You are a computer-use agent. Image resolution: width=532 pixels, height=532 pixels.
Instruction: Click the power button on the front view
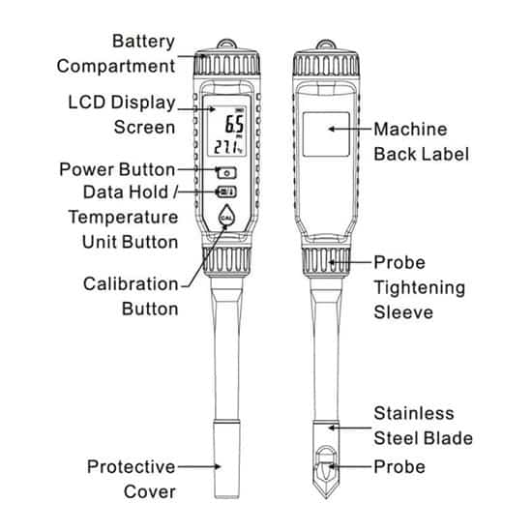(227, 173)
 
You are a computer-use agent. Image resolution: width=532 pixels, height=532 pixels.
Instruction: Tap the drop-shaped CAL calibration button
(226, 216)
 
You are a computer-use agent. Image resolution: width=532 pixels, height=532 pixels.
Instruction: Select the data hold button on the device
(227, 192)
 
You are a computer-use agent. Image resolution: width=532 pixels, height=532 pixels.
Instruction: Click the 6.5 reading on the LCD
(234, 124)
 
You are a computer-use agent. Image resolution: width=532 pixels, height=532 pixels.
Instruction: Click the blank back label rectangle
(326, 134)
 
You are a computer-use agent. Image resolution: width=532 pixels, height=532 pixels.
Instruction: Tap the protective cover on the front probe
(227, 459)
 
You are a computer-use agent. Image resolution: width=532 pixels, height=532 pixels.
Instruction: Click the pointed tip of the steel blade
(326, 498)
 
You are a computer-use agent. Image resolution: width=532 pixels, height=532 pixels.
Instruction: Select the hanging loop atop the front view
(226, 44)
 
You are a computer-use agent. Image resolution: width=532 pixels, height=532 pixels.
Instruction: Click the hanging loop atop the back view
(326, 44)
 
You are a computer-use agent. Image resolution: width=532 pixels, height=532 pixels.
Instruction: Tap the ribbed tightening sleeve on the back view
(326, 261)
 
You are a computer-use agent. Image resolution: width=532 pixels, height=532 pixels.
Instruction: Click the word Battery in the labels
(143, 42)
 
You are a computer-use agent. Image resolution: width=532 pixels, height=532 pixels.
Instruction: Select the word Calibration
(131, 284)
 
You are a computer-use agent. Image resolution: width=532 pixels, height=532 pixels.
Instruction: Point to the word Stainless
(414, 413)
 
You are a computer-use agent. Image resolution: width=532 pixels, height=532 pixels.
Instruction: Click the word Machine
(410, 130)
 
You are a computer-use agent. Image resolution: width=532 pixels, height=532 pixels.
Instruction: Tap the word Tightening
(420, 288)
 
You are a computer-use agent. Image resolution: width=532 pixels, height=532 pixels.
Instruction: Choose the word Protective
(131, 467)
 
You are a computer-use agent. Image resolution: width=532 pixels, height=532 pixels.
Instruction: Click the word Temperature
(123, 218)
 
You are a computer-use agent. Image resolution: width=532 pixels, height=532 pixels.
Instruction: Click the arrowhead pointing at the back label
(332, 129)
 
